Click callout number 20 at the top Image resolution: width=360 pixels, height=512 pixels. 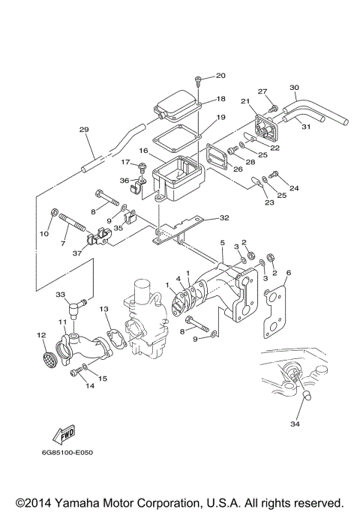tap(220, 75)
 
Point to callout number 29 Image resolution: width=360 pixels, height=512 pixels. tap(84, 130)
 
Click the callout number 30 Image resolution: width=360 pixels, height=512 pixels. tap(294, 87)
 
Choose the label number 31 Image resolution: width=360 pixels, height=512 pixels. tap(304, 127)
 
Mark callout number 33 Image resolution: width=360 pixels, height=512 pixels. tap(61, 295)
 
